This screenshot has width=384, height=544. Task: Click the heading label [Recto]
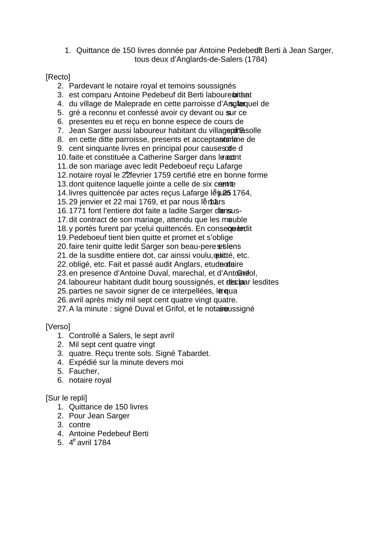tap(58, 77)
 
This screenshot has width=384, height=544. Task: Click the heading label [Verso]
tap(58, 327)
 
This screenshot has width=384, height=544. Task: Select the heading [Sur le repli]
tap(66, 398)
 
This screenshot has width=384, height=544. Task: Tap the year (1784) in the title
tap(256, 59)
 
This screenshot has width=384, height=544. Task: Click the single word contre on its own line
tap(80, 425)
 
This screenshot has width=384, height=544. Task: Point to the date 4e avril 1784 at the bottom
tap(90, 443)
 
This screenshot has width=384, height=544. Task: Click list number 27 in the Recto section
tap(62, 309)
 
